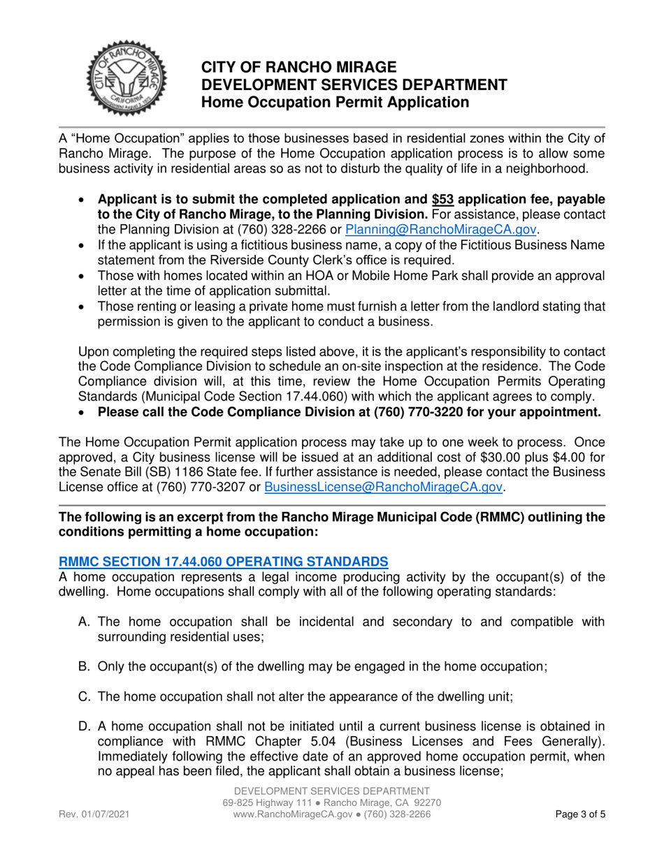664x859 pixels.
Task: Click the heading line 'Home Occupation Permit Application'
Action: click(x=335, y=103)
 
